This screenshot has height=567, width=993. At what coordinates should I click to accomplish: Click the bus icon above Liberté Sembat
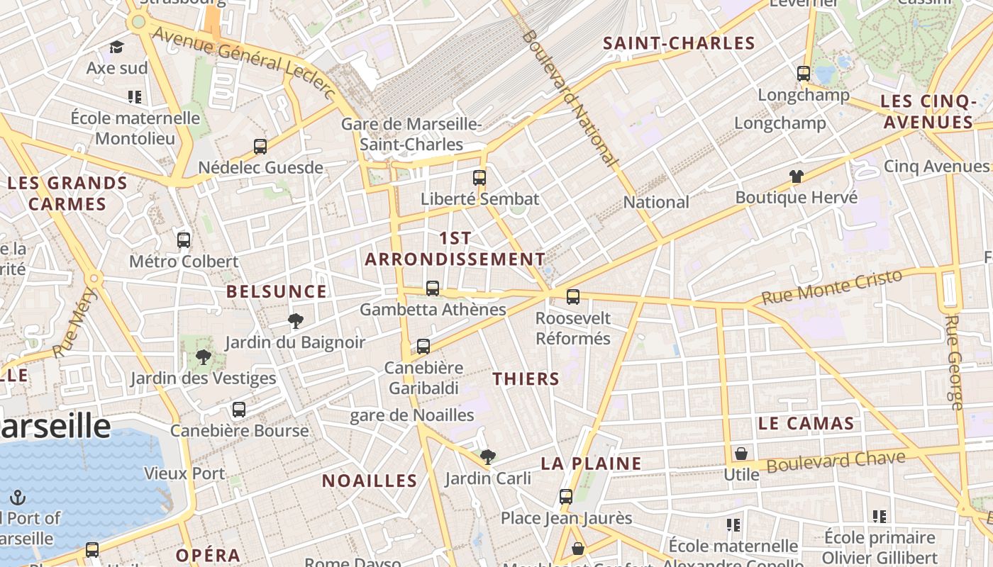coord(479,177)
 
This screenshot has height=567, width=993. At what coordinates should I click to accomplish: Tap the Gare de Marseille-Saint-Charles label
coord(411,134)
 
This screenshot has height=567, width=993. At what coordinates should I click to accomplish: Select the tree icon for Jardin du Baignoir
coord(296,321)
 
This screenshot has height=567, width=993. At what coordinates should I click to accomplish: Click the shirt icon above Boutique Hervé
coord(797,176)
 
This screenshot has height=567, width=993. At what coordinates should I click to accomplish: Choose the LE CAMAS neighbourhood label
coord(806,424)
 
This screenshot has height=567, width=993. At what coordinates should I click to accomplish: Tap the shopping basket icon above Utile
coord(741,454)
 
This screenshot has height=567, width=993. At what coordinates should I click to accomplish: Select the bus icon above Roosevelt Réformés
coord(573,296)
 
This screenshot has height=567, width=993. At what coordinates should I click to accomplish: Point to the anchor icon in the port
coord(18,498)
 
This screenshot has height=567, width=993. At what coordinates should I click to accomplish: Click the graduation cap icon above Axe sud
coord(117,47)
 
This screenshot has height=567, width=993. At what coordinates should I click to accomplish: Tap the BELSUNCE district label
coord(277,291)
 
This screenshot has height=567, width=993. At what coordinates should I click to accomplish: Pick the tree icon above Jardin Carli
coord(487,457)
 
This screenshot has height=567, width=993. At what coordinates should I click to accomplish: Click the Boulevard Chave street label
coord(836,462)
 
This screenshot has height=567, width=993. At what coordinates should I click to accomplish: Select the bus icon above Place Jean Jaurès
coord(566,497)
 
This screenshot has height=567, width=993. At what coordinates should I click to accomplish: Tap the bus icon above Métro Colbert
coord(184,240)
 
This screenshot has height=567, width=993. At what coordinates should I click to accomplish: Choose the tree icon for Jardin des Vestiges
coord(204,357)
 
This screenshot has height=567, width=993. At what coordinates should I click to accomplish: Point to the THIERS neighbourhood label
coord(526,378)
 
